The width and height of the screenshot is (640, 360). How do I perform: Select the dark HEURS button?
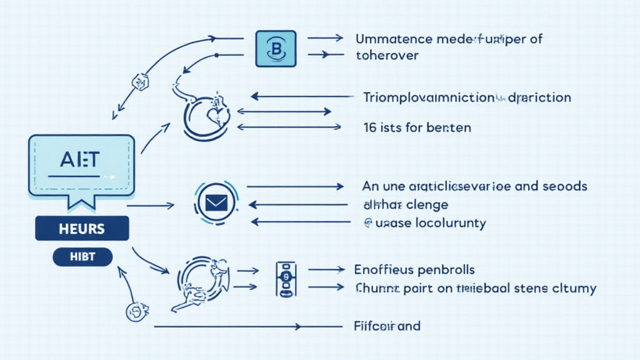pos(82,229)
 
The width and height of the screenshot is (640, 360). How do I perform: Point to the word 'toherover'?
pos(387,55)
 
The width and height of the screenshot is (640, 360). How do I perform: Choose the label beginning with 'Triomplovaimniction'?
pos(428,97)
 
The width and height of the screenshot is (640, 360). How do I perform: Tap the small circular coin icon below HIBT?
pos(136,311)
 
